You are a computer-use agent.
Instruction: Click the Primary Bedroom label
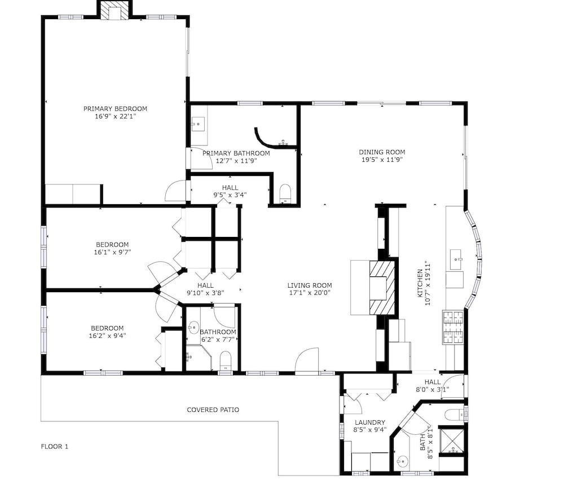click(x=115, y=109)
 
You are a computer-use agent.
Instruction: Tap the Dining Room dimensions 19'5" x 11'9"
click(x=382, y=160)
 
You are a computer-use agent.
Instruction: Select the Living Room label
click(x=309, y=285)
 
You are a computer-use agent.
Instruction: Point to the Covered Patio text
click(x=213, y=410)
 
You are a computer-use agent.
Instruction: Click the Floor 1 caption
click(x=54, y=447)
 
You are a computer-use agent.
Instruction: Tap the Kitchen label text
click(x=420, y=283)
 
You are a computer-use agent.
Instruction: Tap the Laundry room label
click(x=370, y=422)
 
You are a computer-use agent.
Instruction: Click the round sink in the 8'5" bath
click(x=403, y=460)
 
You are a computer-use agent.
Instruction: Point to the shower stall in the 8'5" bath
click(x=452, y=441)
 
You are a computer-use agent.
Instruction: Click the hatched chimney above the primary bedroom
click(x=114, y=11)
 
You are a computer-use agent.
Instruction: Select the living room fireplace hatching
click(x=382, y=288)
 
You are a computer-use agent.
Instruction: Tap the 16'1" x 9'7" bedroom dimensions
click(x=112, y=252)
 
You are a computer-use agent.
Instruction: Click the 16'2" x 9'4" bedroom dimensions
click(x=107, y=336)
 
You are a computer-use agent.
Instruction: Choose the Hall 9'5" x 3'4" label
click(x=230, y=191)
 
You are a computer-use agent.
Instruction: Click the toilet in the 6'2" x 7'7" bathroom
click(x=226, y=360)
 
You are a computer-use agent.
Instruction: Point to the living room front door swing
click(x=307, y=359)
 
